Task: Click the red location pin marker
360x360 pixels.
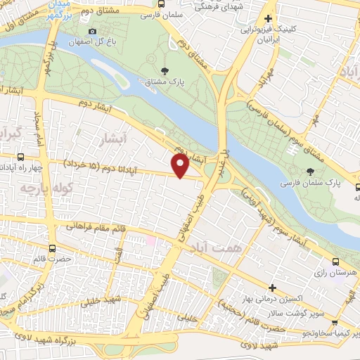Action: pos(181,166)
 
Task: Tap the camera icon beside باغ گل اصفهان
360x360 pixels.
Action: pos(92,31)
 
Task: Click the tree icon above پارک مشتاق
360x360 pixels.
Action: pos(165,70)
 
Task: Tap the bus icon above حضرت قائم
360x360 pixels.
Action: pos(52,247)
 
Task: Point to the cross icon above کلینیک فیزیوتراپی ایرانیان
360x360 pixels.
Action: pos(268,19)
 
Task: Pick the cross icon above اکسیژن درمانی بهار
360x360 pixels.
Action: pos(272,288)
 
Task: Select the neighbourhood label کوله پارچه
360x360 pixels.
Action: pos(37,188)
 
